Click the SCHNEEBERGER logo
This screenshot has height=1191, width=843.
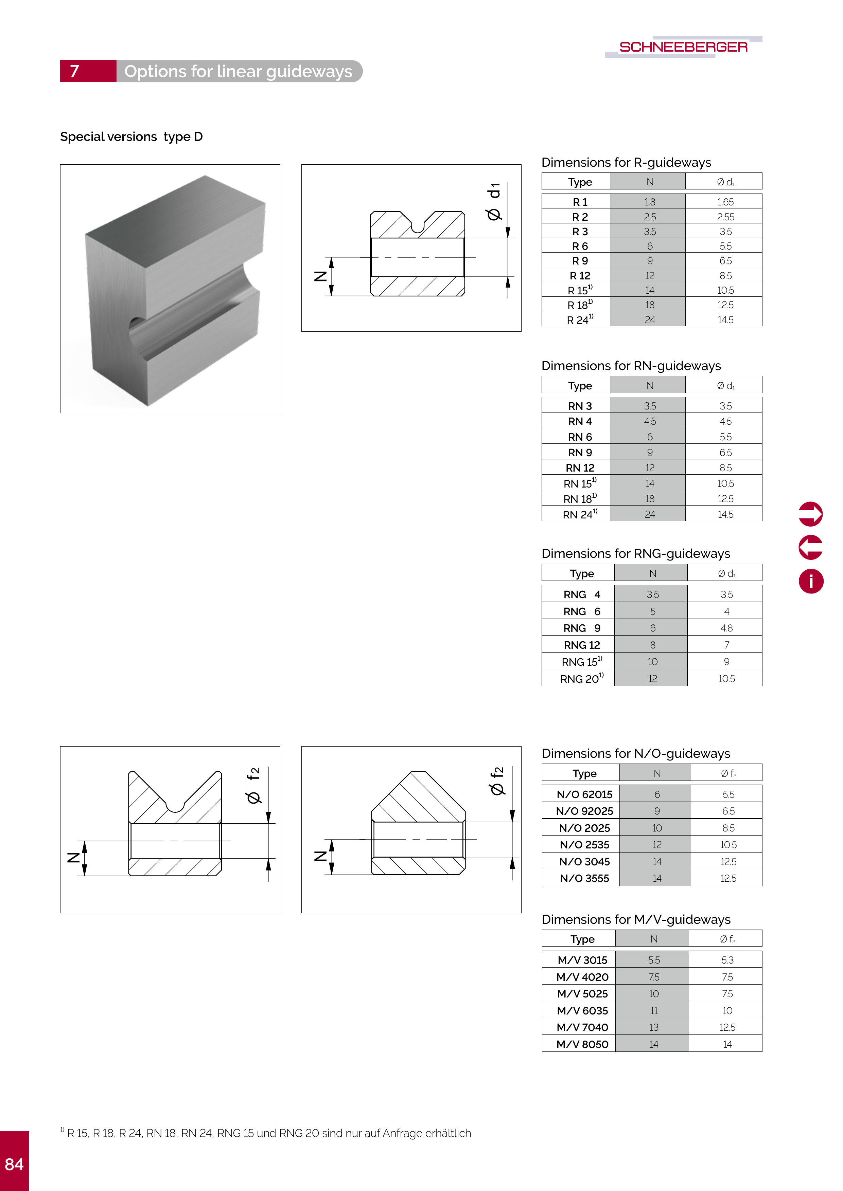click(x=683, y=47)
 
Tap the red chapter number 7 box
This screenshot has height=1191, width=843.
click(x=88, y=71)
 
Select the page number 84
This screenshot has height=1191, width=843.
click(x=15, y=1164)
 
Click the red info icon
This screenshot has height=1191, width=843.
click(x=810, y=581)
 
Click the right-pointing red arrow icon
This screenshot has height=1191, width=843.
click(x=810, y=514)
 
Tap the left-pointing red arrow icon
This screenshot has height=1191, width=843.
click(x=810, y=547)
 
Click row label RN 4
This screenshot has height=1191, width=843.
click(x=580, y=422)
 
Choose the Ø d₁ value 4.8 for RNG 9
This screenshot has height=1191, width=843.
click(x=726, y=628)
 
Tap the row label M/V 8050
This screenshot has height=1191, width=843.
click(x=582, y=1044)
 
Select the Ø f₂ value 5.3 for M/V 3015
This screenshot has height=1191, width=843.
click(x=727, y=960)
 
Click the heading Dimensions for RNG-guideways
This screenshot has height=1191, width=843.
click(x=635, y=553)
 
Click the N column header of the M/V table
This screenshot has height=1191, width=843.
click(x=653, y=939)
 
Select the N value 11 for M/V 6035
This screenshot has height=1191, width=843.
click(x=653, y=1010)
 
